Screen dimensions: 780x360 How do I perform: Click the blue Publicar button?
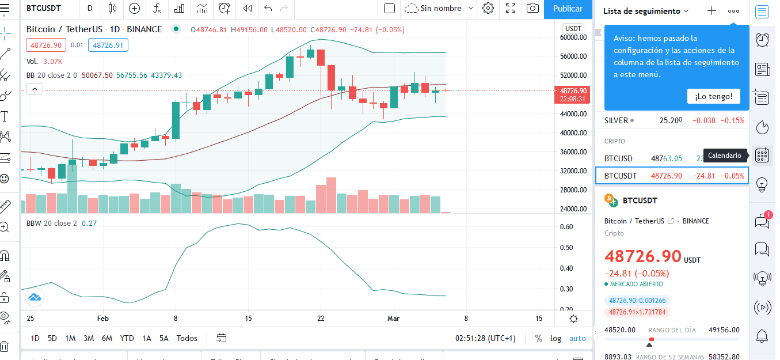[568, 9]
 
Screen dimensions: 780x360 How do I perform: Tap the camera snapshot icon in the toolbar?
[532, 8]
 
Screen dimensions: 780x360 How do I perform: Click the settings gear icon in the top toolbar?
[488, 8]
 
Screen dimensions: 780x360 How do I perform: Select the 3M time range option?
[89, 338]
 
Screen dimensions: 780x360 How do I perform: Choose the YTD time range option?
[127, 338]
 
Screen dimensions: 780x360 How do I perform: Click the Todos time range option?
[187, 338]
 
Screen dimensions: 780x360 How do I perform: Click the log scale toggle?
[555, 338]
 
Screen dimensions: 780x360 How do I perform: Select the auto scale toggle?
[578, 338]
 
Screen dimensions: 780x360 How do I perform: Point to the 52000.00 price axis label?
[573, 75]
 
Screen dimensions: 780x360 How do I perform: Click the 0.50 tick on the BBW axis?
[566, 248]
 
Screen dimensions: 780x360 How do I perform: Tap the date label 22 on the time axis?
[321, 318]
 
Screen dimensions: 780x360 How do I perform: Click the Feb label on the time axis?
[102, 318]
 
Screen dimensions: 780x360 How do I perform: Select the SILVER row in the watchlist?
[674, 120]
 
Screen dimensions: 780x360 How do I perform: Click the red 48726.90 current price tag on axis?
[572, 95]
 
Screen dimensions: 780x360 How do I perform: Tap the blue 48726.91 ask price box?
[108, 46]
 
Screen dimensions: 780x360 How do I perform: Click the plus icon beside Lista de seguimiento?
[711, 11]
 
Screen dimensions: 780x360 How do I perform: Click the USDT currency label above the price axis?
[573, 29]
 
